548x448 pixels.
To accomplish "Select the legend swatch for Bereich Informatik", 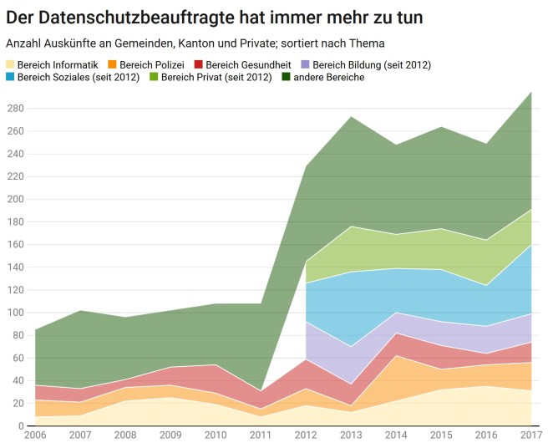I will (x=11, y=64).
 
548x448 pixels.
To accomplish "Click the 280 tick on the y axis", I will (x=14, y=109).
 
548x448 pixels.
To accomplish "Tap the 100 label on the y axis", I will (x=14, y=313).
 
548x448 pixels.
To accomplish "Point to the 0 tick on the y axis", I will (x=19, y=426).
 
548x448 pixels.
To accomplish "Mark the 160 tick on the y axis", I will (x=14, y=245).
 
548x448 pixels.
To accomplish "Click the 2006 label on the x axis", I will (x=34, y=436).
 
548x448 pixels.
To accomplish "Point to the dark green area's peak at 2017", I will (x=531, y=92).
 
